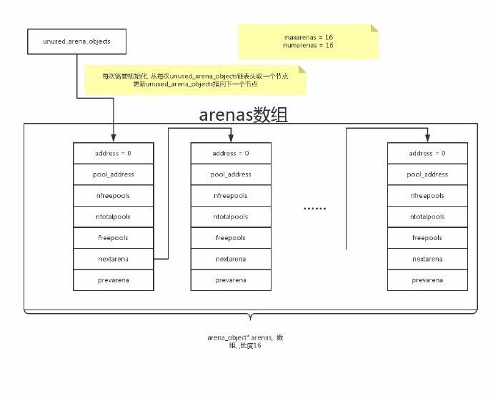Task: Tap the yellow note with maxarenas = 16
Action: coord(307,41)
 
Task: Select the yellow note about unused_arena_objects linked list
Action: coord(195,80)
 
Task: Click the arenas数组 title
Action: coord(243,114)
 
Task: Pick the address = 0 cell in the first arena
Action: coord(113,153)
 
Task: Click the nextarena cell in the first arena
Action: coord(113,259)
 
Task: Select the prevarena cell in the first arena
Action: coord(113,280)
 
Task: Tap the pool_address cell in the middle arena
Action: coord(231,174)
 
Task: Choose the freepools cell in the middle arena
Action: coord(231,238)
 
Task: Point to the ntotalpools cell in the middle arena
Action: coord(231,217)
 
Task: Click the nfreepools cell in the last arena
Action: coord(427,195)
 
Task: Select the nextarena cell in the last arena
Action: coord(427,259)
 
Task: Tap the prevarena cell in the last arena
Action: coord(427,280)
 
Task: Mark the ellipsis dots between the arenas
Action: coord(315,209)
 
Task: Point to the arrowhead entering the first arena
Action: coord(113,139)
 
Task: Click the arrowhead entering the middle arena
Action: coord(231,139)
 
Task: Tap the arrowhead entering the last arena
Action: coord(427,139)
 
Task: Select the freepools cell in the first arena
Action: coord(113,238)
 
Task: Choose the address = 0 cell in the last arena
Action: coord(427,153)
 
